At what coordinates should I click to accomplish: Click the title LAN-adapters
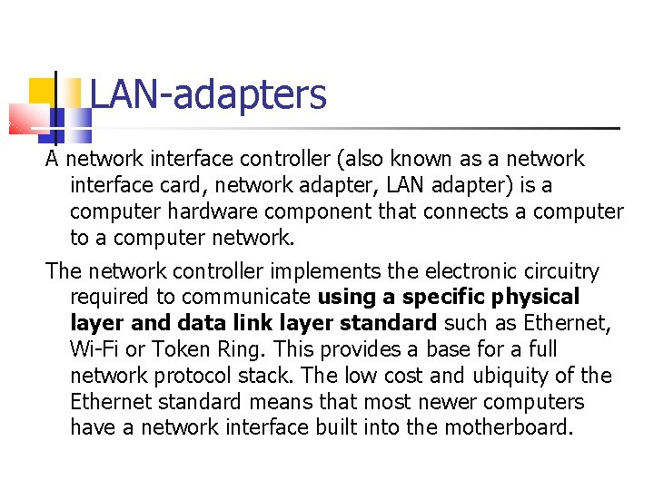(208, 94)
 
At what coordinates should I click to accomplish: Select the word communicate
(247, 298)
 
